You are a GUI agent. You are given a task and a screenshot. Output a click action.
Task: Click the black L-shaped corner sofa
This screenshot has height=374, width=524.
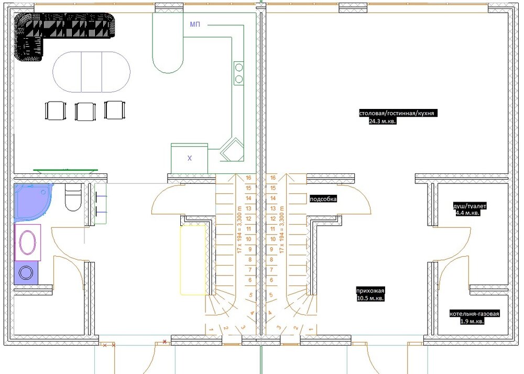point(37,26)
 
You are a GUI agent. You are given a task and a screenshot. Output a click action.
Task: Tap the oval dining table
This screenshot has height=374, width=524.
point(91,72)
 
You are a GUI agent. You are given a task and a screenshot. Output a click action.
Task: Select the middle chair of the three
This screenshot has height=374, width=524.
point(85,111)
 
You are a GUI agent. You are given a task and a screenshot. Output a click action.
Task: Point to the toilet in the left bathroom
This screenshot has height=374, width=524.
point(73,197)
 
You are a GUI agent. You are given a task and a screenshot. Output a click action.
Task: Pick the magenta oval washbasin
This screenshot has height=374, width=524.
point(28,242)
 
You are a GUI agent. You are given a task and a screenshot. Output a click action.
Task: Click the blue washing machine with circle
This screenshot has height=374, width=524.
point(26,273)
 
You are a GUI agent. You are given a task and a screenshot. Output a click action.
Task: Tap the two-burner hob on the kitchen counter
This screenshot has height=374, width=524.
point(238,73)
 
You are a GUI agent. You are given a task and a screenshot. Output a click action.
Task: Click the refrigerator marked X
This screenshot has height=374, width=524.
point(190,158)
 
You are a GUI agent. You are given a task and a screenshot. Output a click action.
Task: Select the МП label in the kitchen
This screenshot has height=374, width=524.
point(195,25)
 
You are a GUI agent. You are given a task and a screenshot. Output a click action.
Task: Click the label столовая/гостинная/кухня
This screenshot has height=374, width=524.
point(397,114)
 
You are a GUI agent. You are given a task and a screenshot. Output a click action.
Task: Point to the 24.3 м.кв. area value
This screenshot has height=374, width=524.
point(383,121)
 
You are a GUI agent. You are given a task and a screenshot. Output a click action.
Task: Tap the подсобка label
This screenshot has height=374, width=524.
point(323,199)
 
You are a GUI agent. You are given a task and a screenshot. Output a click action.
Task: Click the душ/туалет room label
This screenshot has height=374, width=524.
point(470,206)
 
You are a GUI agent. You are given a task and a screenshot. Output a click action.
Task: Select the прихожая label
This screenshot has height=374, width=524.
point(370,291)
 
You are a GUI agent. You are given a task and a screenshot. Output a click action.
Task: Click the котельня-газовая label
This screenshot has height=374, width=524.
point(474,314)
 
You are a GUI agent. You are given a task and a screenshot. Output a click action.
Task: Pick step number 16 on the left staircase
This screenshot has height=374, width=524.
point(248,178)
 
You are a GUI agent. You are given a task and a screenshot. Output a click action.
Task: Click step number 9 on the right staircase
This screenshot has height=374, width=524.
point(271,249)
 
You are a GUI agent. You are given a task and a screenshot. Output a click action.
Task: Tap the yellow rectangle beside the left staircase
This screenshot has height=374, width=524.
point(193,260)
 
